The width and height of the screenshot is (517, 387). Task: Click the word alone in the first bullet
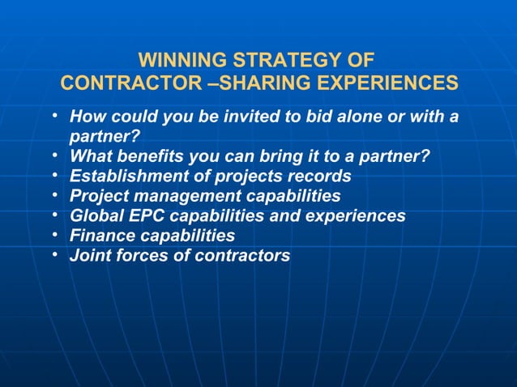353,117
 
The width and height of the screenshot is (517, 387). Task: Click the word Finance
100,236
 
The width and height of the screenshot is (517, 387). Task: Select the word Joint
88,257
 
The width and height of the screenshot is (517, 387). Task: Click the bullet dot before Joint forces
53,254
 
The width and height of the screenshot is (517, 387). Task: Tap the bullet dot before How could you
53,114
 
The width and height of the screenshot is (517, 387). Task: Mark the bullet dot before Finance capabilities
53,234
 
